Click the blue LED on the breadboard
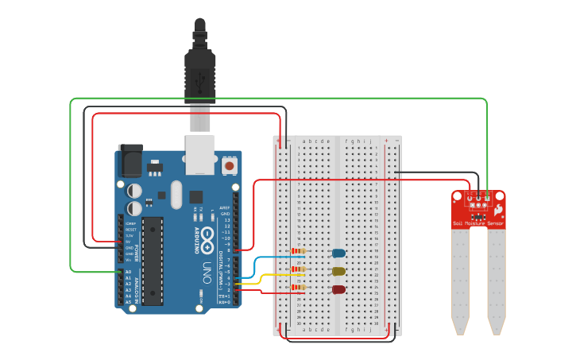(x=338, y=254)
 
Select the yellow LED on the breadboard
(x=338, y=271)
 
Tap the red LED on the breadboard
(x=338, y=289)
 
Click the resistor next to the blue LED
(x=299, y=251)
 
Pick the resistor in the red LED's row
(x=299, y=287)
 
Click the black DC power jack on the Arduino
(x=130, y=162)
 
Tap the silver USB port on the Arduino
(x=200, y=153)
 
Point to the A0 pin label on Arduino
(x=129, y=272)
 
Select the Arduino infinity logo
(x=207, y=238)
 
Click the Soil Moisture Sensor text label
(x=478, y=223)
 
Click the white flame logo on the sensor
(x=498, y=211)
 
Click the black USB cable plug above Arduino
(x=200, y=72)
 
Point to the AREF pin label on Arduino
(x=225, y=207)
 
